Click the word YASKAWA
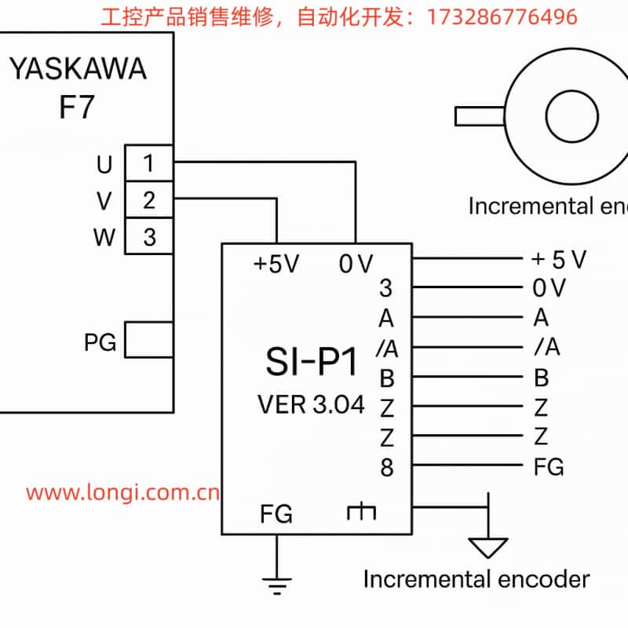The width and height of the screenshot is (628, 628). pyautogui.click(x=77, y=69)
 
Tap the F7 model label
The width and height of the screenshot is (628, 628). pyautogui.click(x=77, y=108)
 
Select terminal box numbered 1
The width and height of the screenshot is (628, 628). pyautogui.click(x=148, y=164)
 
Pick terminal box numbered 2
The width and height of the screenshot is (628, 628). pyautogui.click(x=148, y=200)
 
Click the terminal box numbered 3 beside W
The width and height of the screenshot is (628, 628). pyautogui.click(x=148, y=236)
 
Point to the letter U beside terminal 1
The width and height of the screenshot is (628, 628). pyautogui.click(x=104, y=165)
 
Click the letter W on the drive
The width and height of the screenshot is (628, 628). pyautogui.click(x=104, y=237)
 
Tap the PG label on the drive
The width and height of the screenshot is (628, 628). pyautogui.click(x=100, y=342)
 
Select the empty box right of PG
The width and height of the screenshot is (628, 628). pyautogui.click(x=148, y=341)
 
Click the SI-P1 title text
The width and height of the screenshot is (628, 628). pyautogui.click(x=311, y=363)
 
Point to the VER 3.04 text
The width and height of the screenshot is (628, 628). pyautogui.click(x=311, y=405)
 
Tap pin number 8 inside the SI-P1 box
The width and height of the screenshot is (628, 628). pyautogui.click(x=386, y=468)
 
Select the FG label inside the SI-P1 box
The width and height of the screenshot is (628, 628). pyautogui.click(x=276, y=515)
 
